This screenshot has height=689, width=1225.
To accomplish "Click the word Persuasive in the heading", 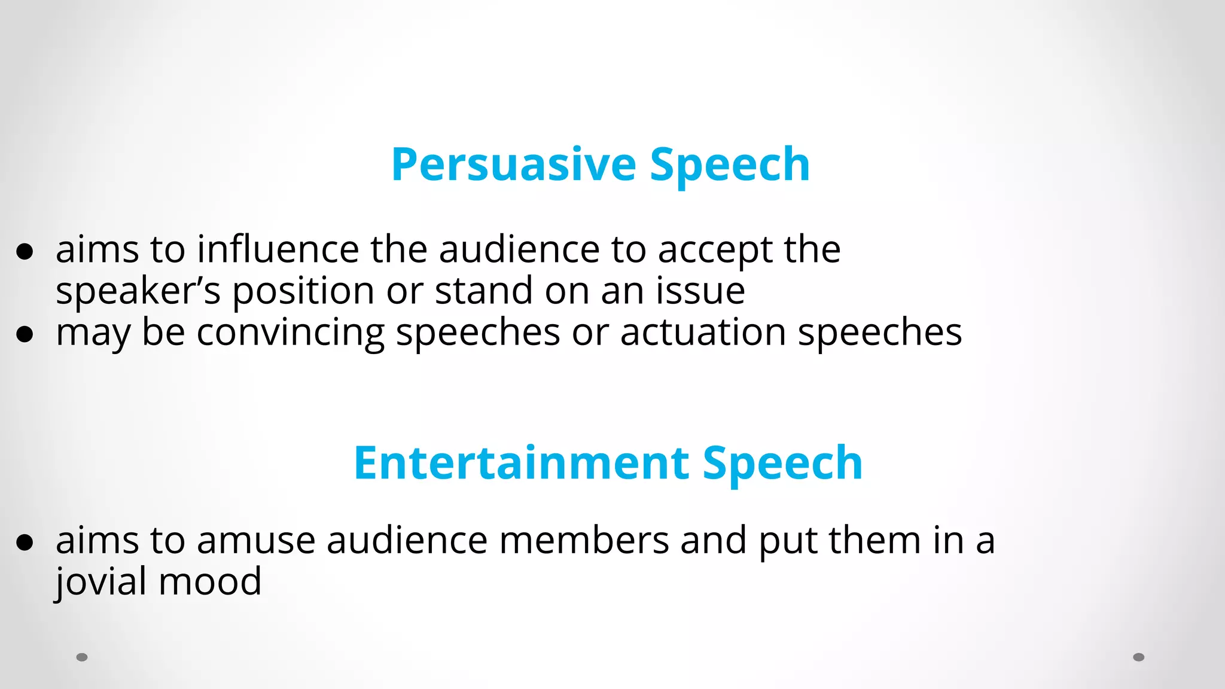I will click(x=513, y=164).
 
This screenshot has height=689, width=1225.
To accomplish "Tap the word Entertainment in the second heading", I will click(x=522, y=463).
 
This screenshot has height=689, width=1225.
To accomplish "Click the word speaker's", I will click(x=138, y=292).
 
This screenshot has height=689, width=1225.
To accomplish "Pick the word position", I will click(x=303, y=292).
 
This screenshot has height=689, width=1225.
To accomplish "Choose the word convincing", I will click(x=291, y=333).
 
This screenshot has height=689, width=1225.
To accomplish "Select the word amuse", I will click(x=255, y=541).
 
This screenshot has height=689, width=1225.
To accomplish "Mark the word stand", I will click(x=483, y=291).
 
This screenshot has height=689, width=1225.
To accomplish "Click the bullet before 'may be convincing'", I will click(x=25, y=335).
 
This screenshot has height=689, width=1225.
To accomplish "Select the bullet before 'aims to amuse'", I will click(x=25, y=543).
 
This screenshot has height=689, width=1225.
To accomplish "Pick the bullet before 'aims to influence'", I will click(x=25, y=252).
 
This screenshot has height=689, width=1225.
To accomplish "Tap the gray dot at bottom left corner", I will click(x=82, y=657).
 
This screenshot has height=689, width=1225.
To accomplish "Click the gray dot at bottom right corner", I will click(x=1139, y=657).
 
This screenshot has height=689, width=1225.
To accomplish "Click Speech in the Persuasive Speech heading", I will click(x=730, y=164).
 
